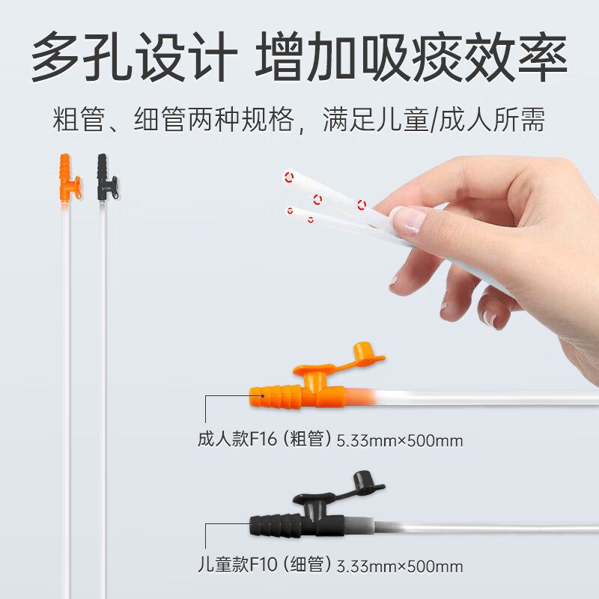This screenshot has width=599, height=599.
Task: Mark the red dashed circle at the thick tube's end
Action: click(288, 177)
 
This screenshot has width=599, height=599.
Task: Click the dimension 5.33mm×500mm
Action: click(400, 440)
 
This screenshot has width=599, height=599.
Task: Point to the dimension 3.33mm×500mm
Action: click(400, 566)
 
